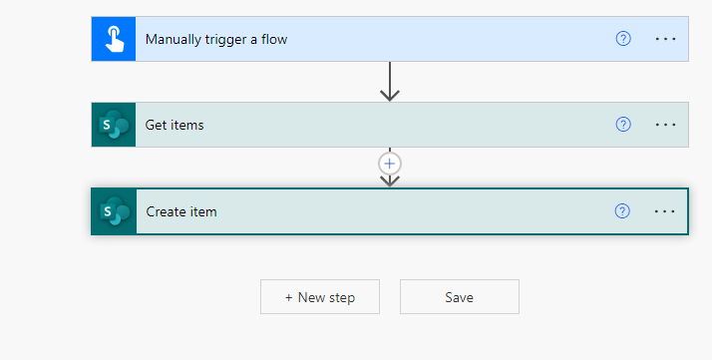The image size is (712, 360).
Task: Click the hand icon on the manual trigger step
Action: coord(114,39)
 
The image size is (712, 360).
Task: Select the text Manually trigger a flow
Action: coord(216,40)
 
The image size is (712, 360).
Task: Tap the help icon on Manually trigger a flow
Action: coord(623,39)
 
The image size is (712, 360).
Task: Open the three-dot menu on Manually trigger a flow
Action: coord(665,39)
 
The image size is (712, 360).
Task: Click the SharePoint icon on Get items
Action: coord(114,125)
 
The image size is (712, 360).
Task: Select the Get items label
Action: coord(175,126)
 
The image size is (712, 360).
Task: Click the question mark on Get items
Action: coord(623,125)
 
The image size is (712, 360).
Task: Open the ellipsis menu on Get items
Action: coord(665,125)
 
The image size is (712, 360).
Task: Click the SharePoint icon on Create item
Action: coord(114,211)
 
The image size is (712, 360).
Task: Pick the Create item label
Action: coord(181,211)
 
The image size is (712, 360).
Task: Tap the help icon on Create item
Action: coord(623,210)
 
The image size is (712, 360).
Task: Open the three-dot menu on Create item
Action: coord(665,211)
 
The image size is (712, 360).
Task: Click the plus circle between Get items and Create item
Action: coord(390,163)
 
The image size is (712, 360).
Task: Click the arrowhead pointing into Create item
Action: coord(390,180)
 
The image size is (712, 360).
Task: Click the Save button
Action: coord(459,297)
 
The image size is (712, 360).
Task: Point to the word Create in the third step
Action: coord(167,211)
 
